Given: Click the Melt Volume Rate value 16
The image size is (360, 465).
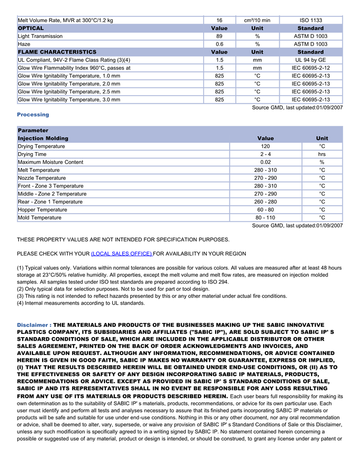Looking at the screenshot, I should pos(219,21).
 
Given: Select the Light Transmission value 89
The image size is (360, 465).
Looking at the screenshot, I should pos(219,36).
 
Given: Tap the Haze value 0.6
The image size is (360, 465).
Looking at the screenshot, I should pos(219,44).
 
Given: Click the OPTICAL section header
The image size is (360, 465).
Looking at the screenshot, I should pos(31,28).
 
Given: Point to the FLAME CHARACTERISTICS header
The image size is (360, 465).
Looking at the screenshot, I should pos(57,52).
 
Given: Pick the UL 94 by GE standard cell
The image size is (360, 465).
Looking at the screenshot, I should pos(311,60).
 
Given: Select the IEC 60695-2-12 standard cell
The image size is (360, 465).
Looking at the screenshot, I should pos(311,68).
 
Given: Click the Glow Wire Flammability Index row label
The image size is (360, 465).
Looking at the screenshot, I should pos(74,68).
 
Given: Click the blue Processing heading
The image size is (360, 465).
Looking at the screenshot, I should pos(33,115).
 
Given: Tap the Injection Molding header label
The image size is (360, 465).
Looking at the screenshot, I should pos(43,138).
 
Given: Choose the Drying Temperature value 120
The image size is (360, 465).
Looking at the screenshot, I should pos(265,146).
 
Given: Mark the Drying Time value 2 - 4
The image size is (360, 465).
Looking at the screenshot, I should pos(265,154).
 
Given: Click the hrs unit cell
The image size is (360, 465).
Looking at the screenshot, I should pos(322,154).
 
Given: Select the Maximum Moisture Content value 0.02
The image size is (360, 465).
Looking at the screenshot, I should pos(265,162).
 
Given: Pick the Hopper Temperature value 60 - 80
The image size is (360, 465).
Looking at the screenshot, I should pos(265,210).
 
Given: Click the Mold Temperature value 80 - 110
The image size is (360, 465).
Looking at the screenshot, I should pos(265,218).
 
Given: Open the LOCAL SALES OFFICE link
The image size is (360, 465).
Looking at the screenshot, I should pos(121,254).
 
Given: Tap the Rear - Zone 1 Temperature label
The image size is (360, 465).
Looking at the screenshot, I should pos(50,202).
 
